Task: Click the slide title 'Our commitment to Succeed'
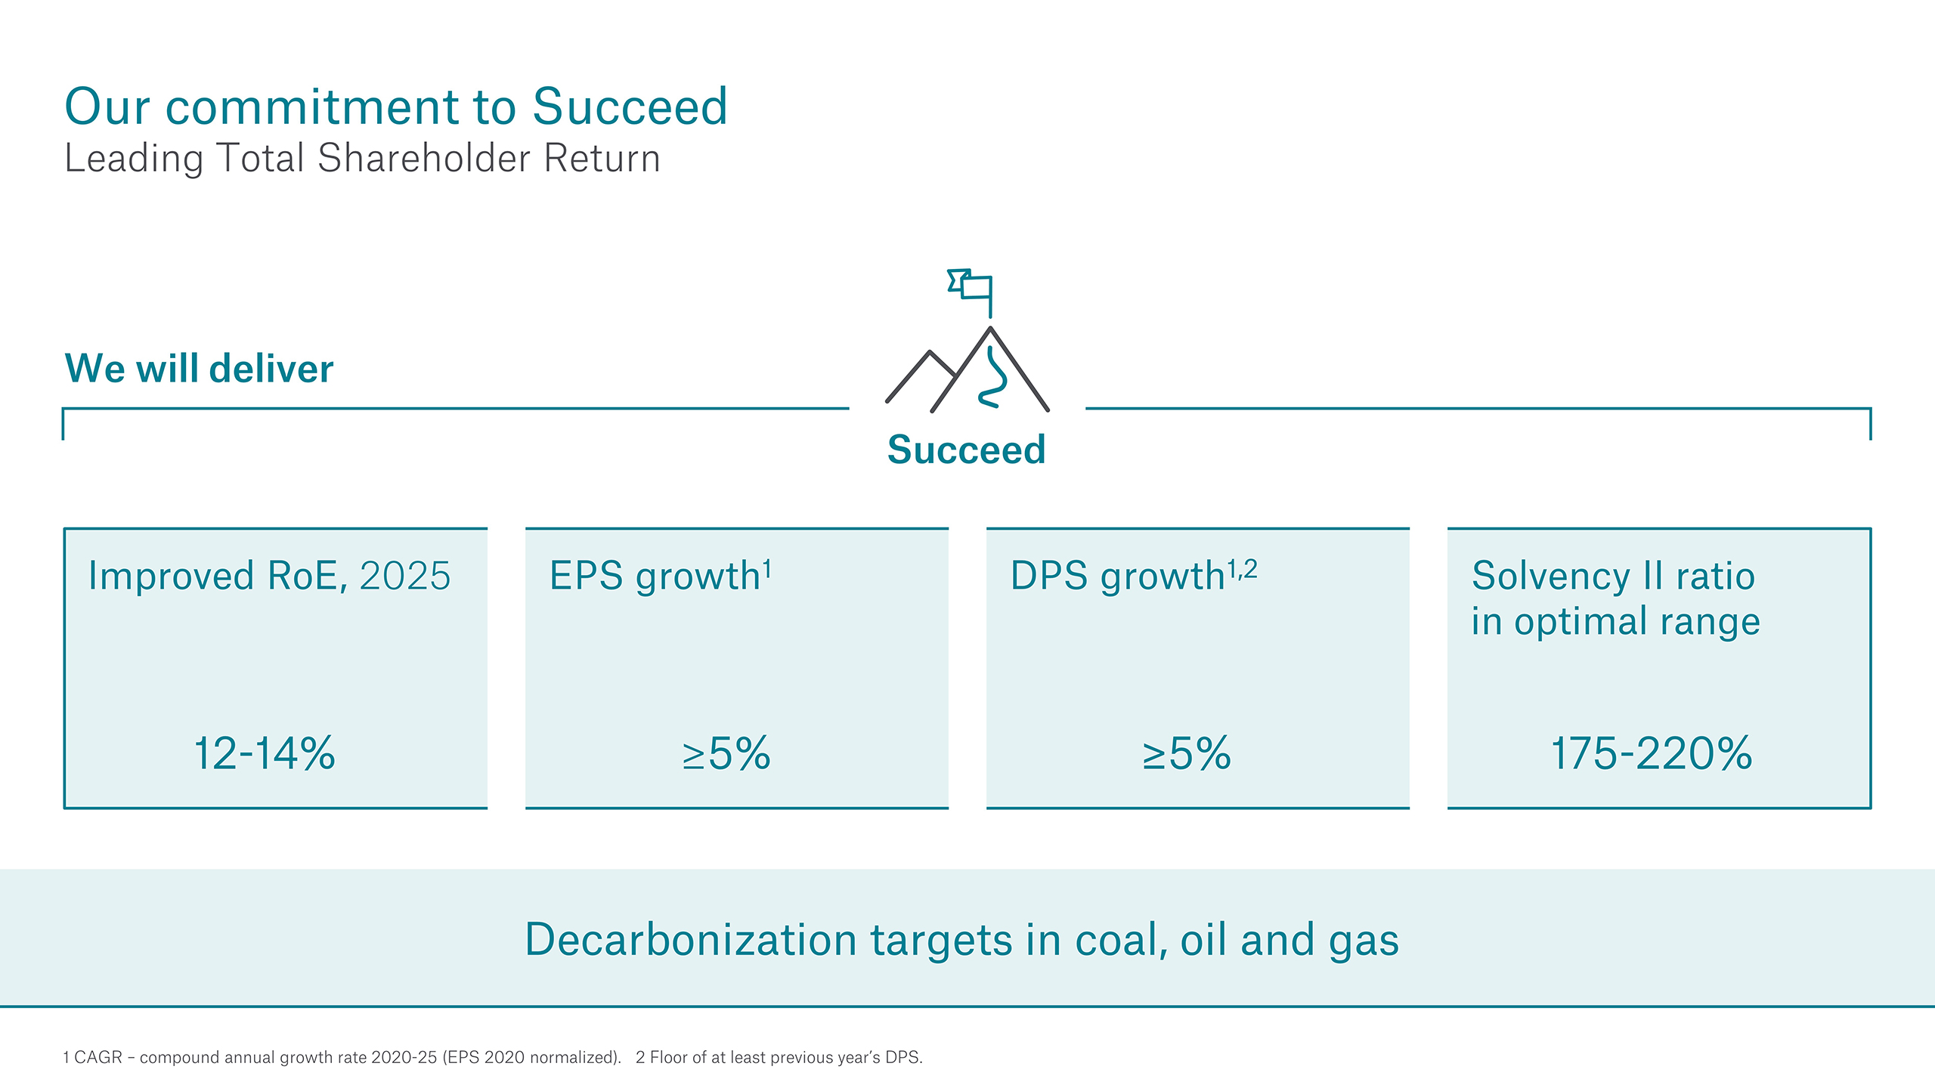coord(396,107)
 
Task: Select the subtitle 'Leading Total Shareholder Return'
coord(363,159)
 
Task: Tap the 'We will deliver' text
coord(200,369)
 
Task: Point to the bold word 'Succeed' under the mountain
coord(967,450)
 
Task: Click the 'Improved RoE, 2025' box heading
coord(269,576)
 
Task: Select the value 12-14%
coord(265,754)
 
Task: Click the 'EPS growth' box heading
coord(655,576)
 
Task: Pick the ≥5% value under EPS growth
coord(726,754)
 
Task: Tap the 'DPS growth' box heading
coord(1118,576)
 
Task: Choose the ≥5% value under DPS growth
coord(1187,754)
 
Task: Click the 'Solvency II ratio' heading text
coord(1614,576)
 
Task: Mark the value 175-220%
coord(1652,754)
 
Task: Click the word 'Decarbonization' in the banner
coord(691,940)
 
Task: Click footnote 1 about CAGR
coord(342,1057)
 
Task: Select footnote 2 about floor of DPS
coord(779,1057)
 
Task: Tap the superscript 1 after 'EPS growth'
coord(767,568)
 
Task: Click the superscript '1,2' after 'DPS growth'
coord(1242,569)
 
